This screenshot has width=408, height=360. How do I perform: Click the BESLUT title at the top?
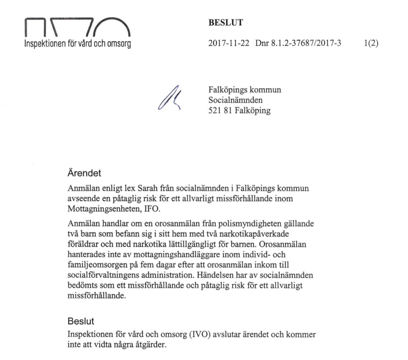coord(226,22)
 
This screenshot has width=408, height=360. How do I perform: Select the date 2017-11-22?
coord(229,43)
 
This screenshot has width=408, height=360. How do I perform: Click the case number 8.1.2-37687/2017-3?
coord(306,43)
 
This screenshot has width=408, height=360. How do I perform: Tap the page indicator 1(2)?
coord(371,43)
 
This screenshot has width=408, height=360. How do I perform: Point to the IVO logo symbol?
coord(77,27)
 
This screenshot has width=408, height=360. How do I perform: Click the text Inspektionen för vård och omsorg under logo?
coord(78,43)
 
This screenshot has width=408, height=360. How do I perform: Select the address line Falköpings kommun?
coord(244,90)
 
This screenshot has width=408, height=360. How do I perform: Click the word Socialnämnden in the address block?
coord(235,100)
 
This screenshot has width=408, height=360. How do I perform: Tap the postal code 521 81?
coord(220,111)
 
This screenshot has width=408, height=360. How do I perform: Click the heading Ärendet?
coord(84,173)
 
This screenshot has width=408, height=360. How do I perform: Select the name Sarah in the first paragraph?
coord(147,188)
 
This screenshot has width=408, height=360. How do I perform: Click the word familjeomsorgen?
coord(97,265)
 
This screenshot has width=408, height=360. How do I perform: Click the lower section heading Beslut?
coord(81,321)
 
